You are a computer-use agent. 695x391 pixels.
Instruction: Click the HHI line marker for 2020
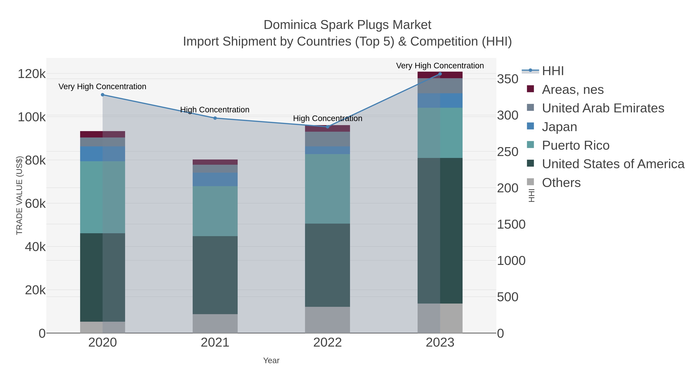(103, 95)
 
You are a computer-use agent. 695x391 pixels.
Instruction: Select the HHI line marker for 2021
(215, 118)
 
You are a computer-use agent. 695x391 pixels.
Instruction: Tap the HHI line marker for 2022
(328, 127)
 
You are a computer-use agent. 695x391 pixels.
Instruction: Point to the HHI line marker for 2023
(440, 74)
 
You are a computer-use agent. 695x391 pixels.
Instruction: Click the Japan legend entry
(559, 127)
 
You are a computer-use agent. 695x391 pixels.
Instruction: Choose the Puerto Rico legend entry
(575, 145)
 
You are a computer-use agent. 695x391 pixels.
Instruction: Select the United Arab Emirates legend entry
(603, 108)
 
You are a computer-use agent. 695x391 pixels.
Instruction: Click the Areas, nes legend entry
(573, 90)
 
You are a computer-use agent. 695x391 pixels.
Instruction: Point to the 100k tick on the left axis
(32, 117)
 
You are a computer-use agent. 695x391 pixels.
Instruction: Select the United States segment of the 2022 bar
(328, 265)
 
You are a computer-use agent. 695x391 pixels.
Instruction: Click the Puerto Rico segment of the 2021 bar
(215, 211)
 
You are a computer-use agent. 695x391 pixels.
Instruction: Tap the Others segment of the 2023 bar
(440, 318)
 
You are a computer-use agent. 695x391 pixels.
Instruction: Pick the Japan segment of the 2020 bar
(103, 154)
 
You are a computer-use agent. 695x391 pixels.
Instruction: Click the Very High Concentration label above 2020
(103, 87)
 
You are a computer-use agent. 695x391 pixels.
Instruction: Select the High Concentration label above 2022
(328, 119)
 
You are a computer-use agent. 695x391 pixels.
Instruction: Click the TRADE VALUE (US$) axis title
(19, 195)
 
